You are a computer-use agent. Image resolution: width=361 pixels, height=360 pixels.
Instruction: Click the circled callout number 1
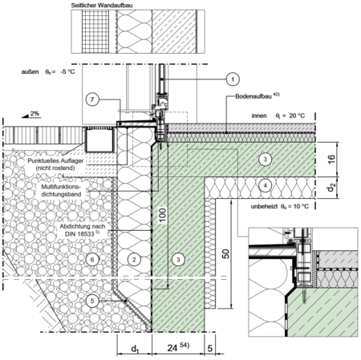233,79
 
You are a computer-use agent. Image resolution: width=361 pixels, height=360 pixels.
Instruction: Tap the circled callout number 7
92,99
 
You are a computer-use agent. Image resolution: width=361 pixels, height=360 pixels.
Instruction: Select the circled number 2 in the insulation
134,259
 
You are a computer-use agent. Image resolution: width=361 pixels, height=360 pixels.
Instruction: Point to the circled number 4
265,185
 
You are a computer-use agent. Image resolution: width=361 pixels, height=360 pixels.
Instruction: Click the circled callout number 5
92,301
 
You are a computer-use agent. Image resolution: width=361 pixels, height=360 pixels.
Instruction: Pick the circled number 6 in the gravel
92,259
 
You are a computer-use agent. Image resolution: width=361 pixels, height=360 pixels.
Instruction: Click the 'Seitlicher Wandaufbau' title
102,5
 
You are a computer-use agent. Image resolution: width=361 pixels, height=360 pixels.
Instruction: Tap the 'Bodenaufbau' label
253,96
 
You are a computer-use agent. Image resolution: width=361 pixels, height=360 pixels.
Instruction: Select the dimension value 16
331,159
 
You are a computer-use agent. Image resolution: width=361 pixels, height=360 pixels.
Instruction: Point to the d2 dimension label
331,188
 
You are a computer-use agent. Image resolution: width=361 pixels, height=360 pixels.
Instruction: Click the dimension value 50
226,253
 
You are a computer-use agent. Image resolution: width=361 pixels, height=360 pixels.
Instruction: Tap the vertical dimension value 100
162,215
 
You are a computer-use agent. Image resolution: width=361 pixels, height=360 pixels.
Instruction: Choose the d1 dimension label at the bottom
135,349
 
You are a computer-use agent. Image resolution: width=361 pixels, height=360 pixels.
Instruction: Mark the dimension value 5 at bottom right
210,348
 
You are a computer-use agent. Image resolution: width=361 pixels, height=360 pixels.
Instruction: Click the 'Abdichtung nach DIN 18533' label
82,230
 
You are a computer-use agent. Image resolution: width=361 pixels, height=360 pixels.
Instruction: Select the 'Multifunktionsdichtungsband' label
61,191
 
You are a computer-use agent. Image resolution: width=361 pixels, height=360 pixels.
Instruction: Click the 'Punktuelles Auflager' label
55,161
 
